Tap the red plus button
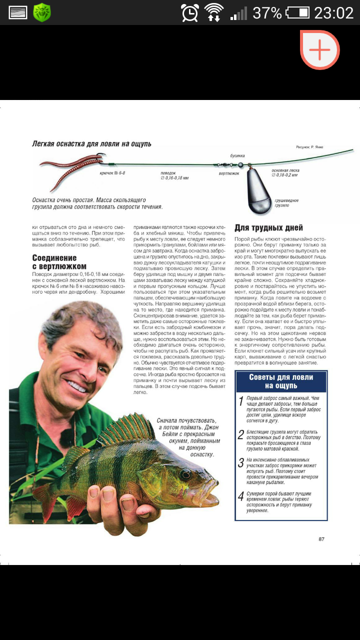(320, 49)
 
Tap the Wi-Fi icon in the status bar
(214, 12)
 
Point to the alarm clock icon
(190, 12)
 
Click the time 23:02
(334, 13)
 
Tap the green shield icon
(42, 12)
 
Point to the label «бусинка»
(237, 156)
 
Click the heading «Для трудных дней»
(268, 228)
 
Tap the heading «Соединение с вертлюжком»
(59, 262)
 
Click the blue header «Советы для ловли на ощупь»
(281, 381)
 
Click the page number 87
(321, 539)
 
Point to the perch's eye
(185, 473)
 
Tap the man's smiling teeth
(77, 386)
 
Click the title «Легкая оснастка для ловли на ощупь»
(91, 144)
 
